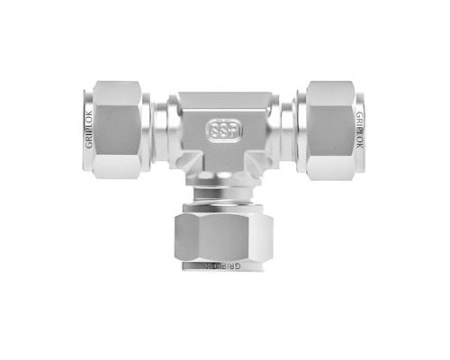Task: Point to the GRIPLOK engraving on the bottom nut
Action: [x=224, y=266]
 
